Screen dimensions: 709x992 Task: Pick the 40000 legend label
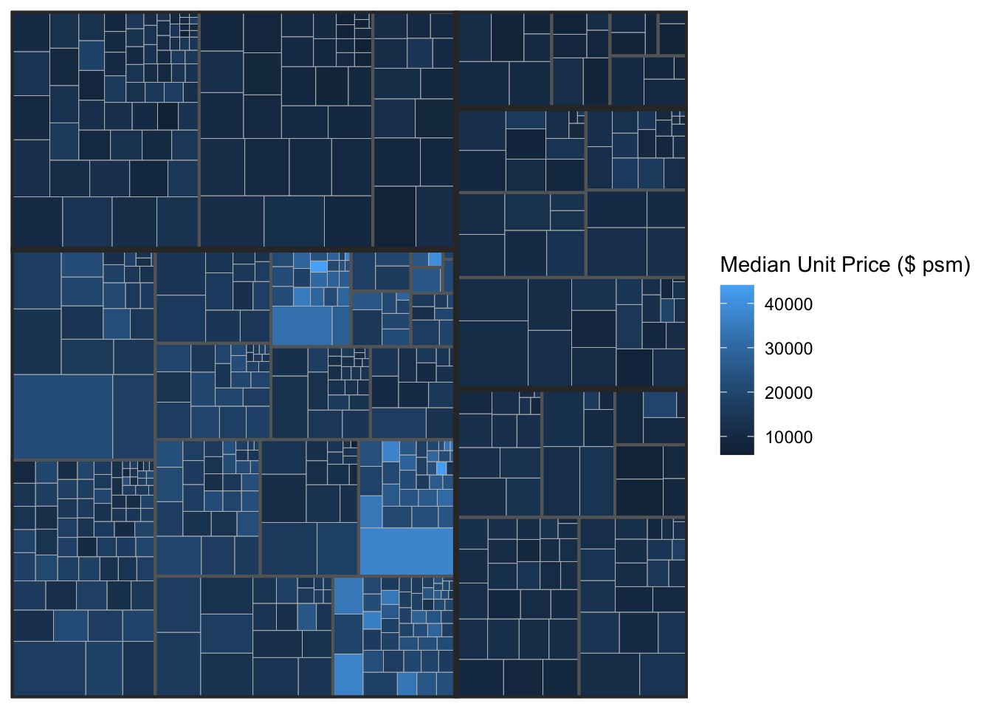tap(788, 304)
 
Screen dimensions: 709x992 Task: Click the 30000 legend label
tap(788, 349)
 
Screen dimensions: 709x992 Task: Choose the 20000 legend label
tap(788, 393)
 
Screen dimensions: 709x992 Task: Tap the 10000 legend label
tap(788, 437)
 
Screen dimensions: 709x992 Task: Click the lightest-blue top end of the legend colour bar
tap(737, 288)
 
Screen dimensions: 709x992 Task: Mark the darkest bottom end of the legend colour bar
tap(737, 451)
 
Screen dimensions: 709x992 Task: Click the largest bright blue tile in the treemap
tap(406, 551)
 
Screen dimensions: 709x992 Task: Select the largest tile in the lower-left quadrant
tap(63, 417)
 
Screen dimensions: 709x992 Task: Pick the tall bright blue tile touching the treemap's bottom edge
tap(348, 674)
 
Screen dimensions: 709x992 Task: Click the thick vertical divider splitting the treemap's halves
tap(455, 354)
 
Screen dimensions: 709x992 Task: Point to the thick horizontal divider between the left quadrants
tap(232, 250)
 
